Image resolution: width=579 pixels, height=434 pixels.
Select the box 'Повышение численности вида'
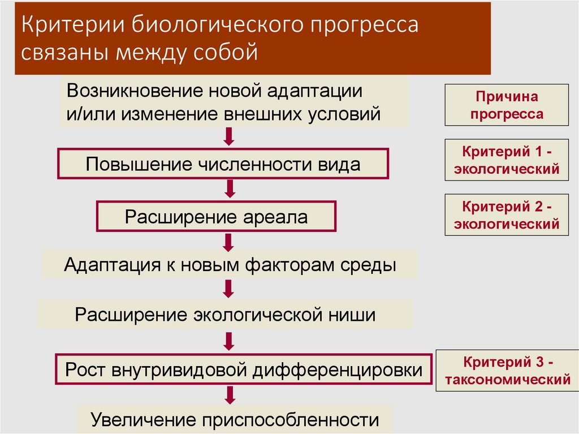point(223,165)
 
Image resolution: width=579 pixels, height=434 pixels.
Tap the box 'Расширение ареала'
point(217,217)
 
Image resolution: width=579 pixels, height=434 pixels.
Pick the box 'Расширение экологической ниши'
point(225,314)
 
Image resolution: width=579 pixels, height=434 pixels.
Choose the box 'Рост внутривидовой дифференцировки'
point(244,369)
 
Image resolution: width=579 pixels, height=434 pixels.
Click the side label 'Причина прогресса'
point(506,105)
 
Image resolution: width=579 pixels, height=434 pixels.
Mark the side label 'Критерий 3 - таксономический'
point(507,371)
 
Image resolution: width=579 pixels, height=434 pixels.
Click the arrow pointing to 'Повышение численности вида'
point(229,136)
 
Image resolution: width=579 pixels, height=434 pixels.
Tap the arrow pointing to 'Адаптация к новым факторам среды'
point(229,242)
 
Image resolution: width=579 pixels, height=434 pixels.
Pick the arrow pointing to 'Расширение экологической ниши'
point(229,289)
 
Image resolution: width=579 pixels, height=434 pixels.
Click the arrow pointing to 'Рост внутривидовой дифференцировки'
point(229,341)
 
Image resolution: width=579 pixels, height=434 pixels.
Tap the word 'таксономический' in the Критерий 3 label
point(507,380)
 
